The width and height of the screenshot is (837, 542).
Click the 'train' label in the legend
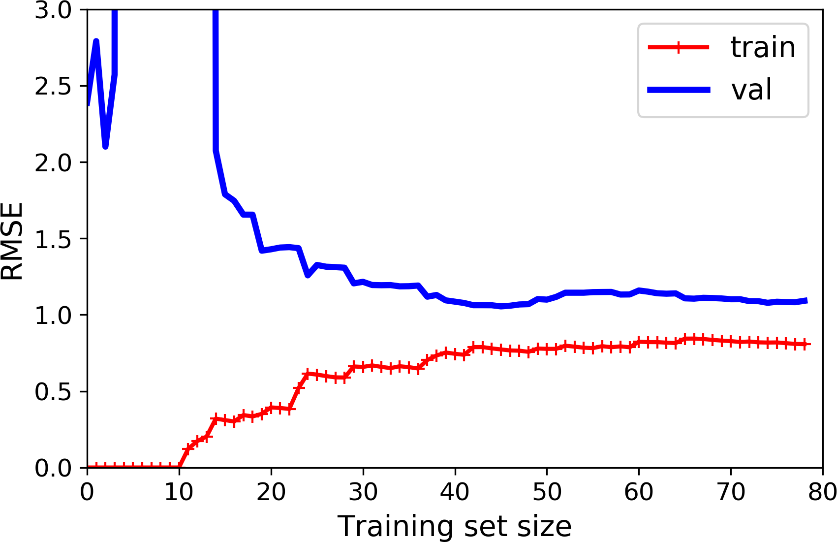pos(763,48)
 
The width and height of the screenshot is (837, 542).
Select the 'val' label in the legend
pos(751,90)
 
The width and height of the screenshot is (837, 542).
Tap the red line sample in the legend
pos(679,48)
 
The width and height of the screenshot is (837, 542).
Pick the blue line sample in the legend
pos(679,90)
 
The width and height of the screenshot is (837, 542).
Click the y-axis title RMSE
pos(12,241)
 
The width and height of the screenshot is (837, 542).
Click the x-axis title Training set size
pos(454,526)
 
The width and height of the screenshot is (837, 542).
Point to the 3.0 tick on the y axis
pos(53,10)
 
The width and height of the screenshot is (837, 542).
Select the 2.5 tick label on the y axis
pos(53,86)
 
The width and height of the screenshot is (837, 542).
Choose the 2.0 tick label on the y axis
pos(53,162)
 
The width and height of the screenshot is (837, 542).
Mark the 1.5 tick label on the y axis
pos(53,239)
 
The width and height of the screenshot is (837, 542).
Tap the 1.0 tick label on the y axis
pos(53,315)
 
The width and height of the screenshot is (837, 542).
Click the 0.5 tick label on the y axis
pos(53,391)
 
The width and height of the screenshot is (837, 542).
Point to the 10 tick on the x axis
pos(179,491)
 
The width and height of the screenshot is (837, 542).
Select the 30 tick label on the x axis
pos(363,491)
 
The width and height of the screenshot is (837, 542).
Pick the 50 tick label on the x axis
pos(547,491)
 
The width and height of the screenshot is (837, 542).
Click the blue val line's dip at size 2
pos(105,147)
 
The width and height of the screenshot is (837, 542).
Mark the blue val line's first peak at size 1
pos(96,41)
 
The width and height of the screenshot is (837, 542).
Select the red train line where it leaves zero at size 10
pos(179,467)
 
